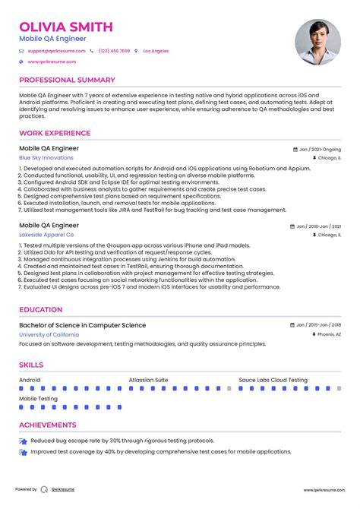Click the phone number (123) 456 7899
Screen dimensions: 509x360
tap(113, 51)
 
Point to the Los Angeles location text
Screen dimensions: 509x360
tap(156, 51)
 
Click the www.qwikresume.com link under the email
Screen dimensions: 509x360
tap(52, 62)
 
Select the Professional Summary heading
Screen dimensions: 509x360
tap(67, 80)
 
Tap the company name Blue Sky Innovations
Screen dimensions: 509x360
tap(46, 158)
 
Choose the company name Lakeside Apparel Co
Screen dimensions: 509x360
tap(47, 236)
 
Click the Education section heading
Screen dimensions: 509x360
tap(41, 310)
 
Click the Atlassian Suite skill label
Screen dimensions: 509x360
tap(148, 380)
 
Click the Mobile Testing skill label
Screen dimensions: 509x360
tap(38, 398)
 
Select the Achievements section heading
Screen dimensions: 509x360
tap(48, 425)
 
